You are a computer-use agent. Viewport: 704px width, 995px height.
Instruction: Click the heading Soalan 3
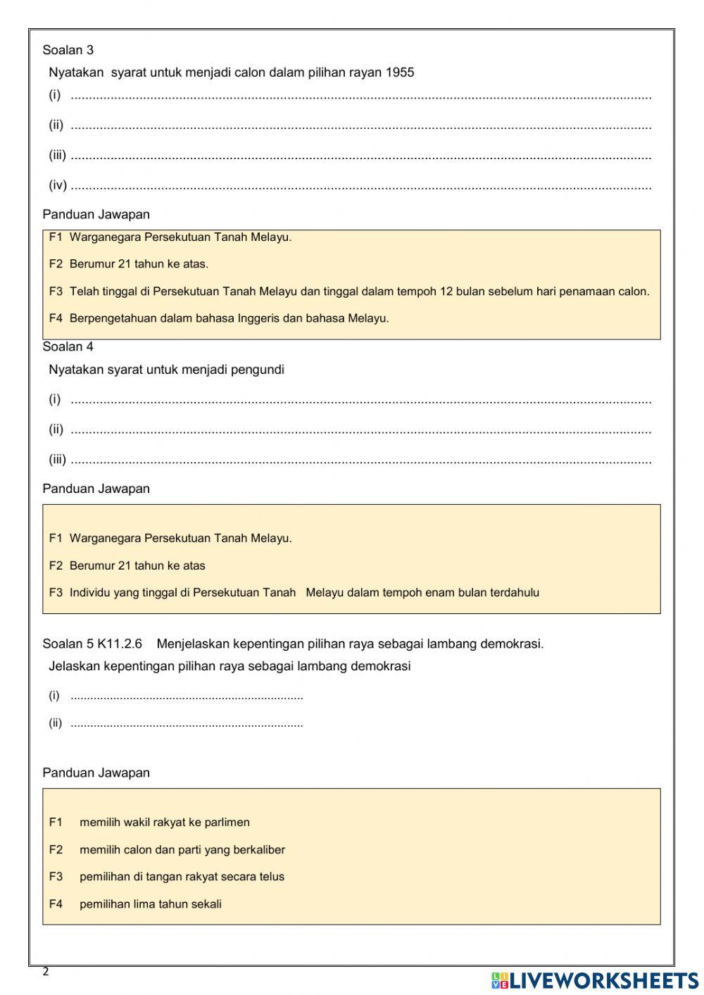(x=68, y=50)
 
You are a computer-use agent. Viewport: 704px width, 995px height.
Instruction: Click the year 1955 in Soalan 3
(x=400, y=73)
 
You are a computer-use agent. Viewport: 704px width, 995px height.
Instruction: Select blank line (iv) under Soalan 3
(x=360, y=187)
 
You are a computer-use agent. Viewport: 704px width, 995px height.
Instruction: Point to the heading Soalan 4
(x=68, y=347)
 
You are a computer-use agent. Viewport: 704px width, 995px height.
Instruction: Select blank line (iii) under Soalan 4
(x=360, y=461)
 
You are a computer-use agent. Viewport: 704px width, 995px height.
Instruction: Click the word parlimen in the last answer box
(x=227, y=822)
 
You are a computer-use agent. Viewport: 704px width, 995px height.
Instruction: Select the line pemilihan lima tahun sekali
(x=150, y=905)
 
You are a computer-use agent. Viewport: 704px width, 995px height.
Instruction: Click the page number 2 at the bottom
(x=46, y=972)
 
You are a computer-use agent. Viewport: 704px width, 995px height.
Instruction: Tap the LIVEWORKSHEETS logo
(x=595, y=980)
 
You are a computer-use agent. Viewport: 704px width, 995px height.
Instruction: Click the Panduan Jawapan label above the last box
(x=96, y=773)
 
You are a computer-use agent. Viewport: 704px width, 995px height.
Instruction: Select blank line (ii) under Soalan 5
(x=187, y=725)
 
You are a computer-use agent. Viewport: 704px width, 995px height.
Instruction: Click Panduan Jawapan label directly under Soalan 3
(x=96, y=215)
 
